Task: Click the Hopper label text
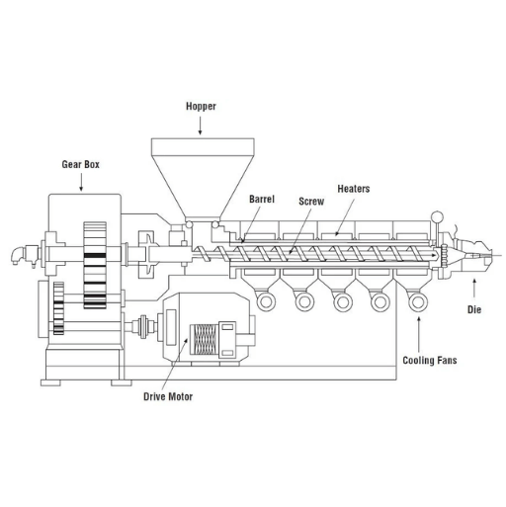click(x=201, y=107)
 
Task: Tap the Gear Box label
click(x=81, y=164)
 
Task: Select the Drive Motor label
click(x=168, y=396)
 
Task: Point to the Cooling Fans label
click(x=430, y=361)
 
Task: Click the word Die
click(x=474, y=309)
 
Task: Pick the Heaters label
click(x=354, y=189)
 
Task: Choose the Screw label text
click(x=311, y=202)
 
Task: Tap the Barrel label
click(x=262, y=199)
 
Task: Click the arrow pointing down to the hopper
click(x=200, y=126)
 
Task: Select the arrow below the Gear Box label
click(x=81, y=182)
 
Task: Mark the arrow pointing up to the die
click(x=474, y=288)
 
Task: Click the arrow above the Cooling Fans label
click(x=419, y=334)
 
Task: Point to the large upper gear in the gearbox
click(x=95, y=265)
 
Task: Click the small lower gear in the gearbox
click(x=58, y=308)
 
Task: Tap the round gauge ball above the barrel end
click(x=437, y=217)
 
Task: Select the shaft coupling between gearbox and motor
click(x=143, y=326)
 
